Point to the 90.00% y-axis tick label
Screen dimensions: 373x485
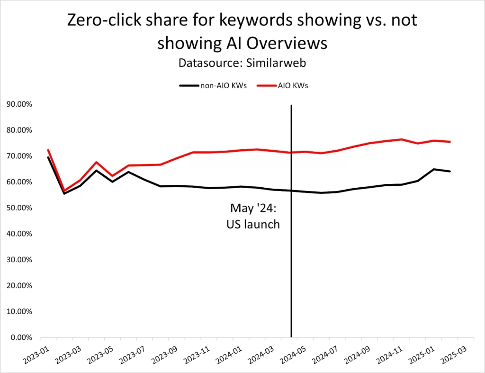[x=19, y=104]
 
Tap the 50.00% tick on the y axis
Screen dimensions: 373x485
[x=19, y=208]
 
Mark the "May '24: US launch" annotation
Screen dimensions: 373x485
[x=253, y=216]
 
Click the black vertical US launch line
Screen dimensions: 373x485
[x=291, y=284]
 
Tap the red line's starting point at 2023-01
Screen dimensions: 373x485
[x=48, y=150]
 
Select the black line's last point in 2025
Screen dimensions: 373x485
[x=450, y=171]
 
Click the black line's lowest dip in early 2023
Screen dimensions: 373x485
[x=64, y=193]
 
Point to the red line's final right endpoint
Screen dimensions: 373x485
[x=450, y=142]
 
